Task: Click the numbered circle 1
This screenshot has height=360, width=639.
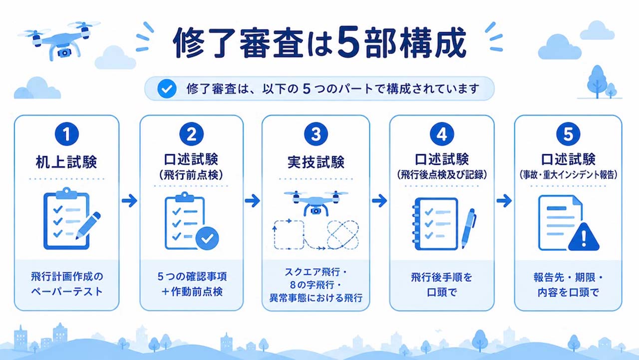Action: tap(67, 134)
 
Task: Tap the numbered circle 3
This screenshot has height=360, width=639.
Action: tap(316, 134)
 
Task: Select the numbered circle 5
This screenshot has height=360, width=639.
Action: tap(568, 134)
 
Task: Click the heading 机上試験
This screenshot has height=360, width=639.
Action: tap(66, 162)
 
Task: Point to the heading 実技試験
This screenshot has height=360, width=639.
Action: tap(316, 162)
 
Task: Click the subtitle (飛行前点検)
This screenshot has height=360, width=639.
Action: tap(191, 175)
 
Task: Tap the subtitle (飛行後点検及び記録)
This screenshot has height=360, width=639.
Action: tap(442, 175)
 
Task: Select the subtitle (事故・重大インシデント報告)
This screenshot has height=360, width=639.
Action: tap(568, 175)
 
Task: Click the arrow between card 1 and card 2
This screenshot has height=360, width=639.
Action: tap(129, 201)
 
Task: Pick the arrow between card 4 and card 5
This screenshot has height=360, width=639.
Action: tap(504, 201)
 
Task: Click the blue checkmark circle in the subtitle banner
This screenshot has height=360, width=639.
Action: tap(167, 89)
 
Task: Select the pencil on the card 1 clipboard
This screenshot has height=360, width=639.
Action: tap(88, 225)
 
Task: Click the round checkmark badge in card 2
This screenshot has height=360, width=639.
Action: tap(207, 238)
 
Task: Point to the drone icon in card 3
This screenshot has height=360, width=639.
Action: tap(316, 203)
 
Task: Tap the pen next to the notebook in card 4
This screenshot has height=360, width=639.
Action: tap(468, 228)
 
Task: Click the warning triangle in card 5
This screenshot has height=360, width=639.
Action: tap(584, 237)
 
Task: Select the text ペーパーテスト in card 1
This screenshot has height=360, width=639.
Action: tap(67, 292)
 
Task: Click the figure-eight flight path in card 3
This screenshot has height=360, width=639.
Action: tap(343, 235)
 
